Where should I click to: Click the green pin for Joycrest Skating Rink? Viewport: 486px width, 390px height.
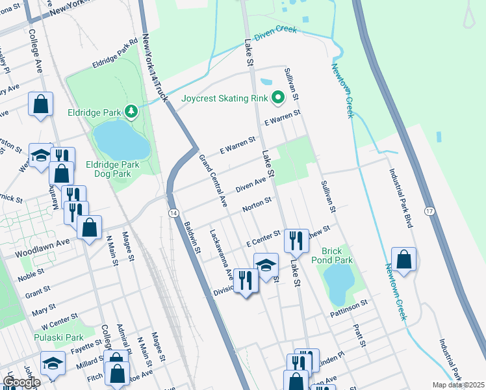pos(278,99)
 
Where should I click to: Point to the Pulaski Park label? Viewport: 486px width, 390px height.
pos(58,337)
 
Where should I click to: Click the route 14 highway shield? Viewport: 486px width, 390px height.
pos(173,213)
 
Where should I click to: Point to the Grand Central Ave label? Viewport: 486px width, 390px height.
pos(212,180)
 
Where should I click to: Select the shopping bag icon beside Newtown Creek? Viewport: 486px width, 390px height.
pos(403,258)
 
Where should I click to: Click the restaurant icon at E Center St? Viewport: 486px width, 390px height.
pos(296,240)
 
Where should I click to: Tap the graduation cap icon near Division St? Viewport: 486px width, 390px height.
pos(266,265)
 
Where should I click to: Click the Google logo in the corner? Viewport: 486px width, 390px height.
pos(21,382)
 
